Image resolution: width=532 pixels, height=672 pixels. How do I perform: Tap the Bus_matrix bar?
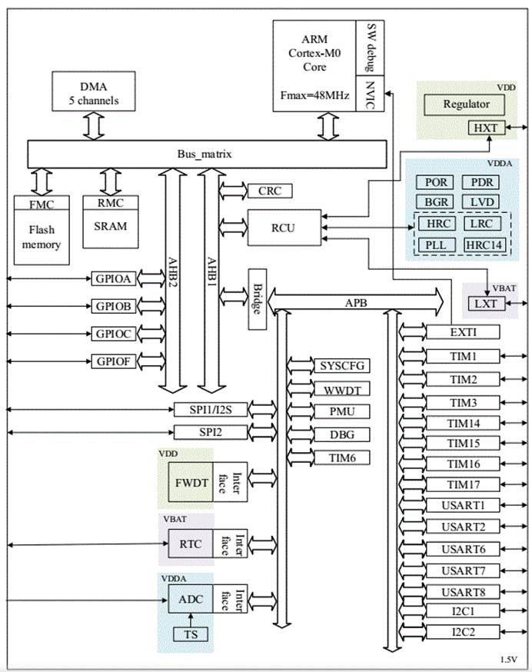tap(206, 154)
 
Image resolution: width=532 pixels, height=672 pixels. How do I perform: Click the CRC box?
tap(269, 190)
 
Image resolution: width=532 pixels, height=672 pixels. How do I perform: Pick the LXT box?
tap(484, 304)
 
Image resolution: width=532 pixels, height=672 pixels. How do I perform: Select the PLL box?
tap(435, 245)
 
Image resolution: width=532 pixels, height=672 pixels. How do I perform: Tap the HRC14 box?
tap(484, 245)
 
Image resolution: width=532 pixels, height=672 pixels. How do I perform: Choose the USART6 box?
tap(462, 549)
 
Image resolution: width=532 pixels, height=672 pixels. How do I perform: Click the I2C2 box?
tap(462, 632)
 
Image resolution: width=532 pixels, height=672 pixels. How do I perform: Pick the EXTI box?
tap(462, 332)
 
